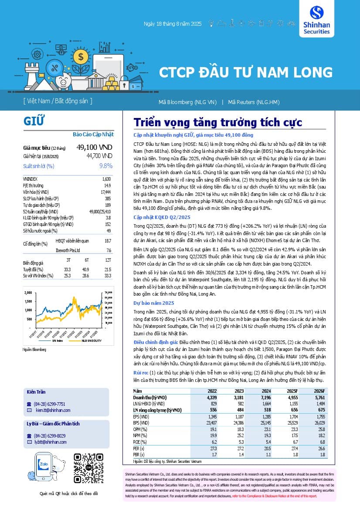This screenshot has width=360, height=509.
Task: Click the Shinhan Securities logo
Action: pyautogui.click(x=320, y=19)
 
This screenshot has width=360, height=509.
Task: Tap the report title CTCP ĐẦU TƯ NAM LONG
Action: pyautogui.click(x=245, y=72)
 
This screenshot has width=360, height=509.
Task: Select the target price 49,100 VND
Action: pyautogui.click(x=94, y=148)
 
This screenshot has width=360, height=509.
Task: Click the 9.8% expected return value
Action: pyautogui.click(x=106, y=166)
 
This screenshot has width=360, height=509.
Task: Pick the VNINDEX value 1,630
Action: pyautogui.click(x=106, y=179)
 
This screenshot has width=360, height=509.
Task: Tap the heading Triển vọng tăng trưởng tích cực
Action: pyautogui.click(x=217, y=122)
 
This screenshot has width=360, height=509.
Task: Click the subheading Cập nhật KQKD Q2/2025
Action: pyautogui.click(x=162, y=217)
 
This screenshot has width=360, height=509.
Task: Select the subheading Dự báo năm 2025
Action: pyautogui.click(x=154, y=303)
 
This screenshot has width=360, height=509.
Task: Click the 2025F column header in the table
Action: pyautogui.click(x=290, y=391)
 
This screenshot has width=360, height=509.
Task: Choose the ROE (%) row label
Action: pyautogui.click(x=140, y=442)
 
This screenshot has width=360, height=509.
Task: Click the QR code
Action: pyautogui.click(x=89, y=469)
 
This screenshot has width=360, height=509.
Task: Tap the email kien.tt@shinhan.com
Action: pyautogui.click(x=53, y=410)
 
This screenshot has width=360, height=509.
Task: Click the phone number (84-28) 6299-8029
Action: pyautogui.click(x=50, y=436)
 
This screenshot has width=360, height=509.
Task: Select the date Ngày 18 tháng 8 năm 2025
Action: pyautogui.click(x=173, y=24)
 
